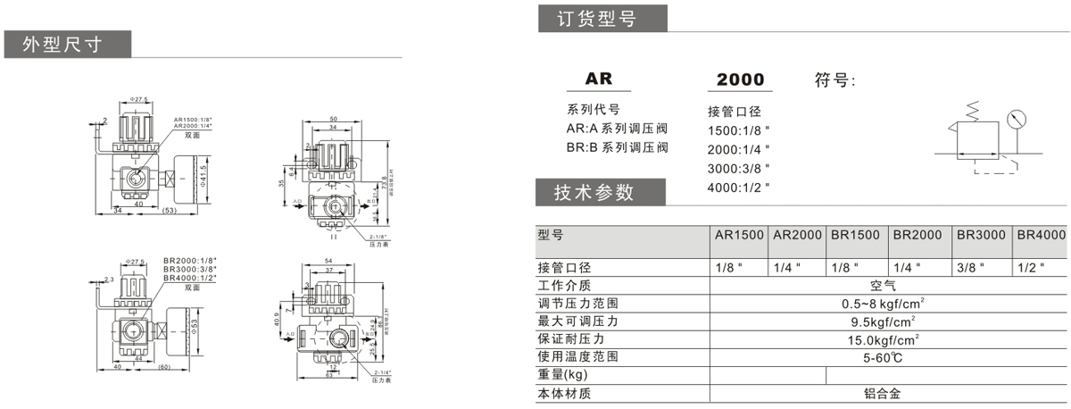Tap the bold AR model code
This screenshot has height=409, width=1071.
(x=599, y=79)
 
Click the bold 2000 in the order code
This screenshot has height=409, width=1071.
(x=740, y=79)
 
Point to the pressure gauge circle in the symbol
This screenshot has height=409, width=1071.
(x=1015, y=119)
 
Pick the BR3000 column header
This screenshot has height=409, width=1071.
(x=981, y=235)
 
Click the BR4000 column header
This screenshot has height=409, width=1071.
(x=1041, y=235)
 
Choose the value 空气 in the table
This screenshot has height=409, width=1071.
(x=888, y=286)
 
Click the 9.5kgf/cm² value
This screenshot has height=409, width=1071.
(x=888, y=321)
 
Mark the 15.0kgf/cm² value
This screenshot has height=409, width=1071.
(x=888, y=339)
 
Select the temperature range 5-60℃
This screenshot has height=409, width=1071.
(x=888, y=357)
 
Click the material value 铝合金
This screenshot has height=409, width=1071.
(x=888, y=393)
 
